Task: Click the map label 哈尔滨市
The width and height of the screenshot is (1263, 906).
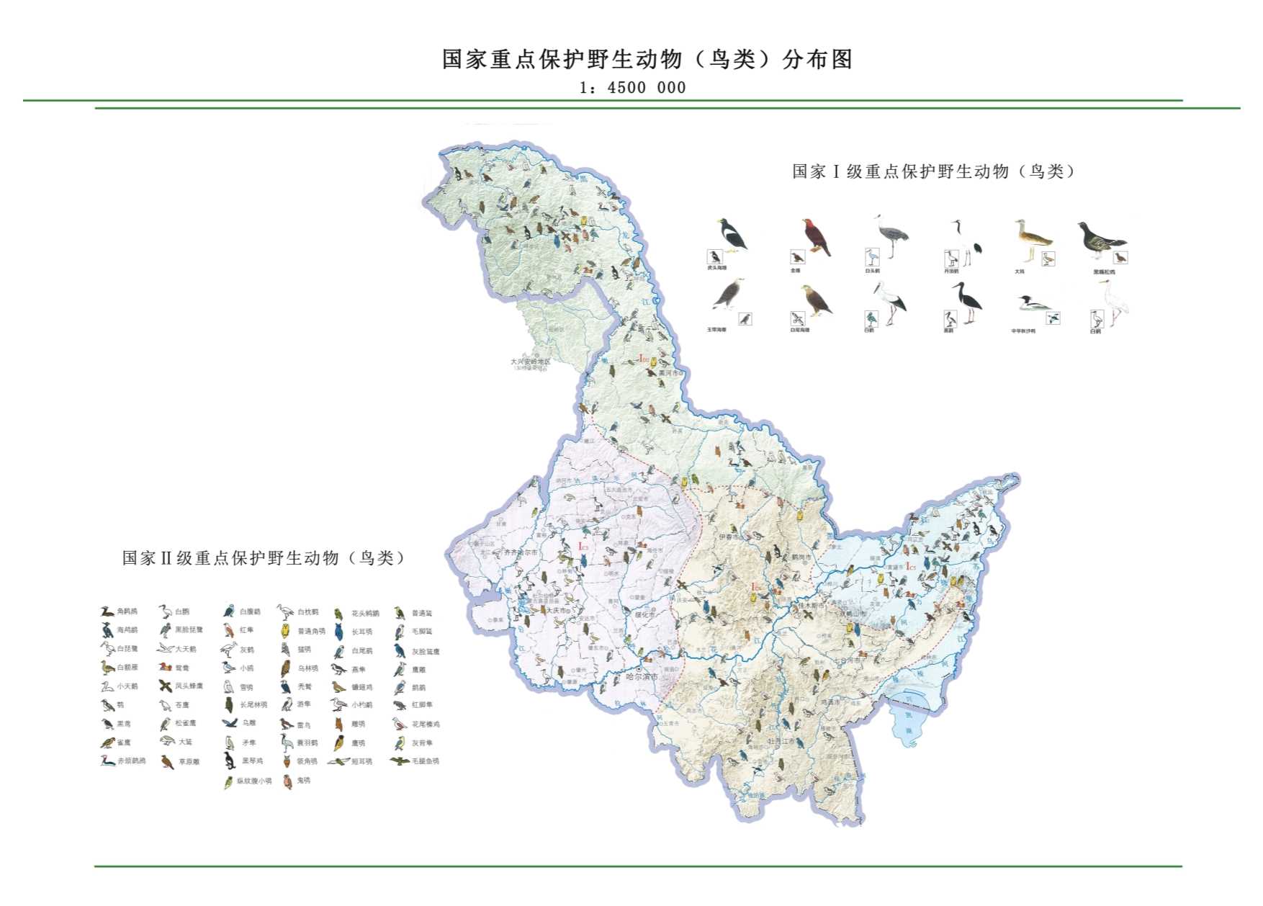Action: click(642, 676)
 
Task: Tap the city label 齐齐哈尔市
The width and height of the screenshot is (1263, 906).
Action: click(520, 552)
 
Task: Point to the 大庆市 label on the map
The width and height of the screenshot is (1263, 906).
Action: click(556, 610)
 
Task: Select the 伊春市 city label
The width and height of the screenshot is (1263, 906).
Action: click(729, 537)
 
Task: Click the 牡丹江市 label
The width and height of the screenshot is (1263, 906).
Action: click(781, 740)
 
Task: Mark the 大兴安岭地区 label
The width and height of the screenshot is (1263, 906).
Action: click(530, 362)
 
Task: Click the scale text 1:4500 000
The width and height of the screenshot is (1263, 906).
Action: click(632, 88)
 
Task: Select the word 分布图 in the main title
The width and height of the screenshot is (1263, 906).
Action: click(817, 59)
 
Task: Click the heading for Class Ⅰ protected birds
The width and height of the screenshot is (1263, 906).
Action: click(933, 171)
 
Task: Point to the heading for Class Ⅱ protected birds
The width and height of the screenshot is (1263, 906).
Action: click(264, 558)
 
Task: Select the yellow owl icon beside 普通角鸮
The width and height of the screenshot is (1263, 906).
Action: click(285, 631)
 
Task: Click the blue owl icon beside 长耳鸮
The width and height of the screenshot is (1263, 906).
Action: click(339, 632)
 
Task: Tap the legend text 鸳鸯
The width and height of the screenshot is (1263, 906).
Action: click(182, 668)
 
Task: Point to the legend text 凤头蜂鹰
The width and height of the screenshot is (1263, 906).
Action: click(189, 686)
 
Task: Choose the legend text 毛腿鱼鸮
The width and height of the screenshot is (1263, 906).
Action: click(425, 761)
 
